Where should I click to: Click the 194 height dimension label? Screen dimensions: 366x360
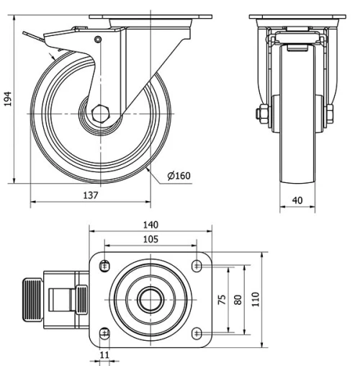[x=8, y=99]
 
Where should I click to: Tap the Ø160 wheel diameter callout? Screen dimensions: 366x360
[x=178, y=175]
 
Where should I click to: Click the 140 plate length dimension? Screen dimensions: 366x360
[x=150, y=225]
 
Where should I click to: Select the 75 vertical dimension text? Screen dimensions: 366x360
[x=222, y=299]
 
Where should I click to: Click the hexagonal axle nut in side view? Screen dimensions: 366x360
[x=99, y=114]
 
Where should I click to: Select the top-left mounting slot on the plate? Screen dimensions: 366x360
[x=105, y=264]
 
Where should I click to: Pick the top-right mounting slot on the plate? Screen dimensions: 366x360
[x=197, y=266]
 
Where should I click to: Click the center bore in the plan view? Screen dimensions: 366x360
[x=150, y=299]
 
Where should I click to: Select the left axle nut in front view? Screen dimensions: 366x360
[x=264, y=114]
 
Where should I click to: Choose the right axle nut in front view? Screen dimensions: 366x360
[x=329, y=114]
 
